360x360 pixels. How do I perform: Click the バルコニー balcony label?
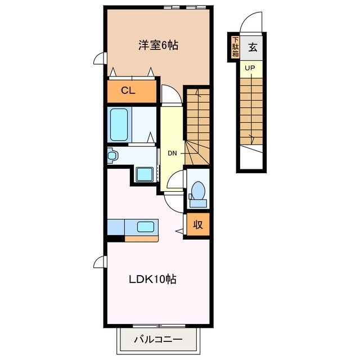coord(158,340)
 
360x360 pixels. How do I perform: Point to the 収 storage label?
coord(198,225)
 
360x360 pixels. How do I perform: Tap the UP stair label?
coord(250,69)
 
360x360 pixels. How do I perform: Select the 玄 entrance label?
coord(253,47)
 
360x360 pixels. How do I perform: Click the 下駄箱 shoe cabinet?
coord(235,47)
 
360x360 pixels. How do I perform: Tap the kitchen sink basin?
coord(145,227)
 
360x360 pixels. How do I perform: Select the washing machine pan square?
coord(145,174)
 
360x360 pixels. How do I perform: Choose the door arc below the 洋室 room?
coord(170,94)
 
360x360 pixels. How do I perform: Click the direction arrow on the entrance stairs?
coord(251,138)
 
